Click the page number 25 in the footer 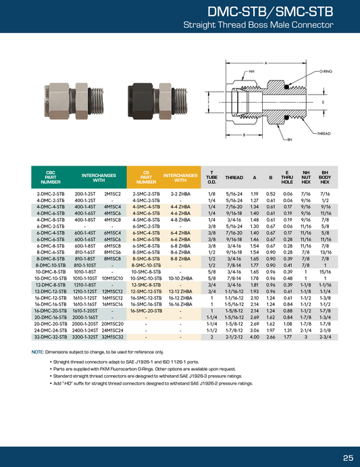pyautogui.click(x=348, y=458)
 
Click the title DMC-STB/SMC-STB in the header pyautogui.click(x=270, y=12)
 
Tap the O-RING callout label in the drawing pyautogui.click(x=326, y=72)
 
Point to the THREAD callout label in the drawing pyautogui.click(x=324, y=133)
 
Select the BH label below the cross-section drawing pyautogui.click(x=290, y=140)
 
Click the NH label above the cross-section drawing pyautogui.click(x=252, y=72)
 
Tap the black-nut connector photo pyautogui.click(x=158, y=101)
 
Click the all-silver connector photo pyautogui.click(x=74, y=101)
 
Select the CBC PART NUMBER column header pyautogui.click(x=51, y=177)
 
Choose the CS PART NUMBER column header pyautogui.click(x=146, y=177)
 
